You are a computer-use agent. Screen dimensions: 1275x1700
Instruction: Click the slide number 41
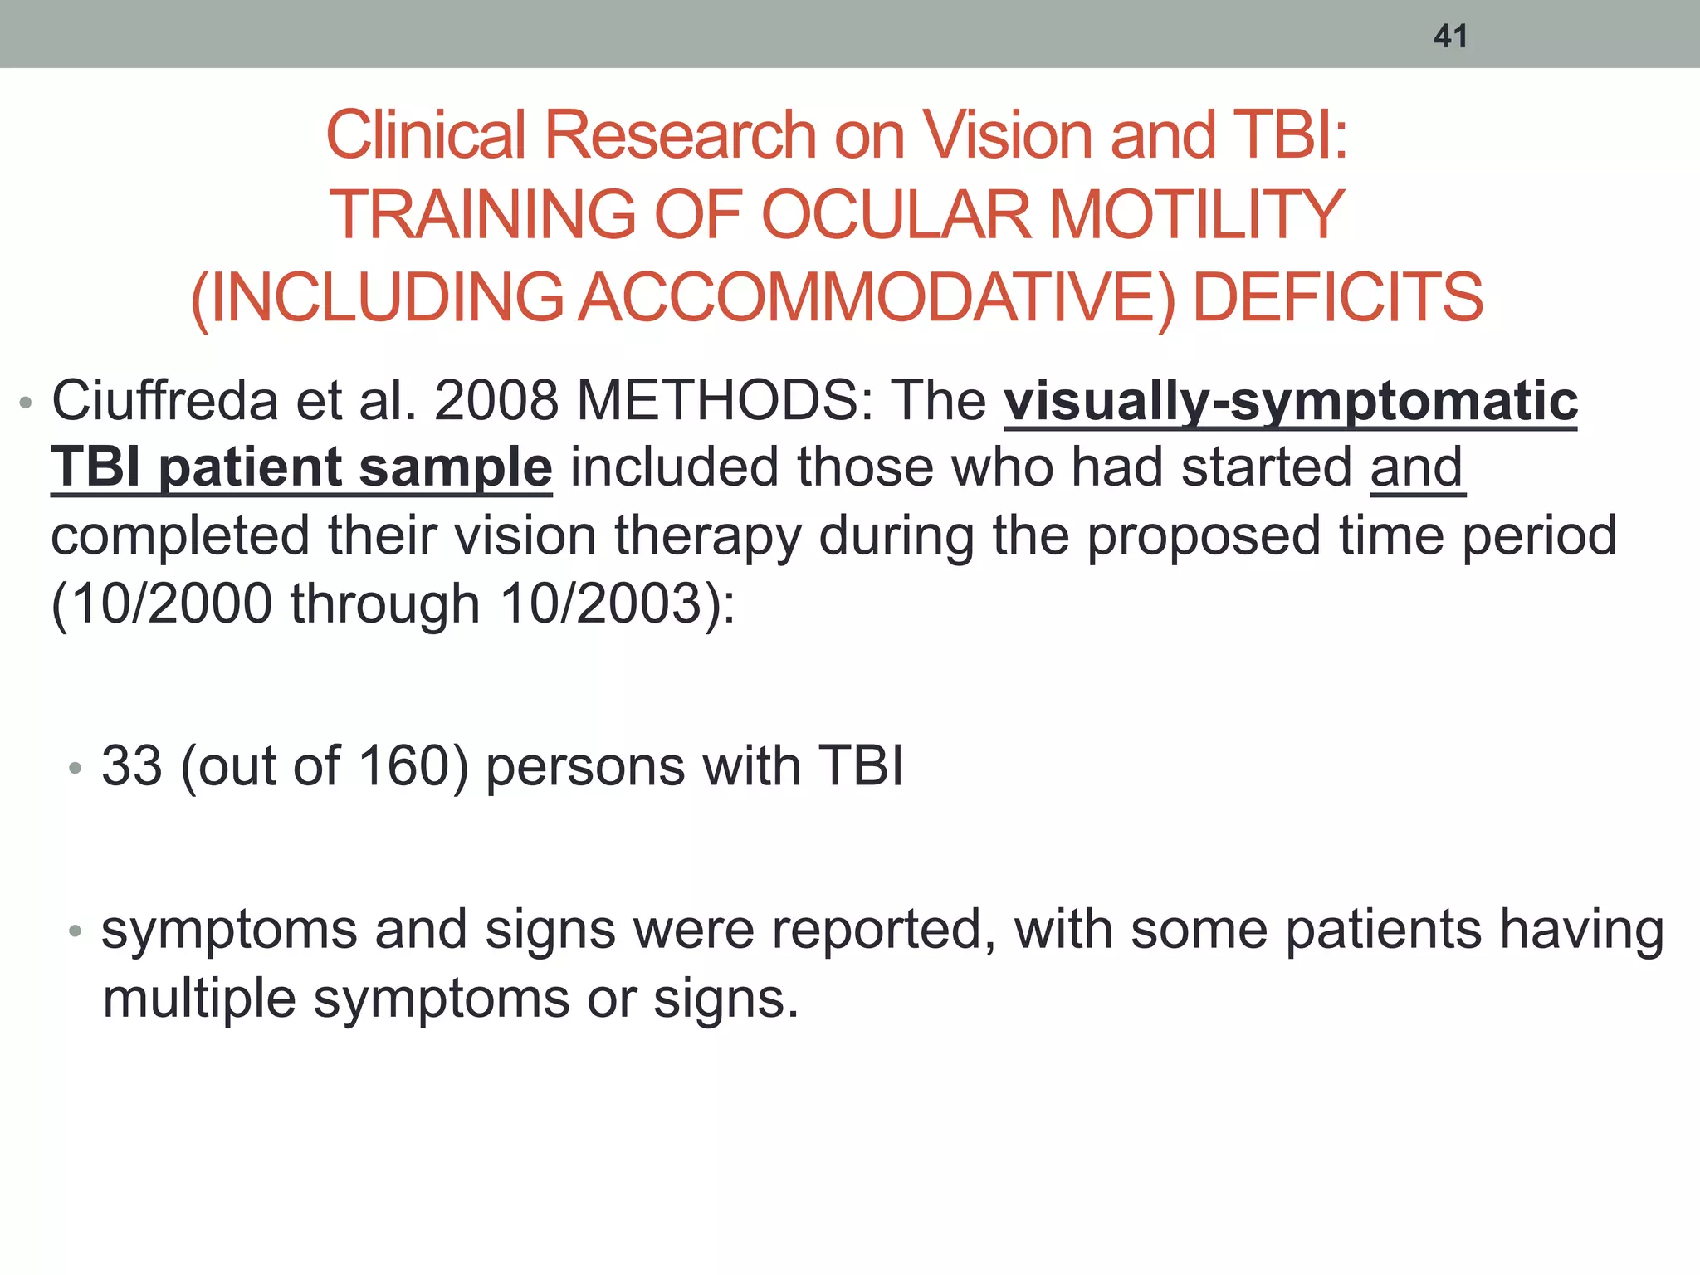[x=1450, y=37]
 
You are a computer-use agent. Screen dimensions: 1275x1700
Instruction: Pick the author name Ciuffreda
[x=164, y=402]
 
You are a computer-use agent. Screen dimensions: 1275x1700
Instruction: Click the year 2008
[x=496, y=402]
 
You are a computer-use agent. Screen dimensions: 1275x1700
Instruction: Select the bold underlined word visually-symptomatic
[x=1291, y=402]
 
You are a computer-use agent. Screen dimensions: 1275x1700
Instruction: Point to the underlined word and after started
[x=1417, y=468]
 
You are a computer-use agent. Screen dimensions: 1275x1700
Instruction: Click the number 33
[x=131, y=765]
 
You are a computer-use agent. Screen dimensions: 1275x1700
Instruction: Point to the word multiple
[x=199, y=999]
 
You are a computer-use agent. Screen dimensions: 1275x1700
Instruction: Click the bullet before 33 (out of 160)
[x=76, y=769]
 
